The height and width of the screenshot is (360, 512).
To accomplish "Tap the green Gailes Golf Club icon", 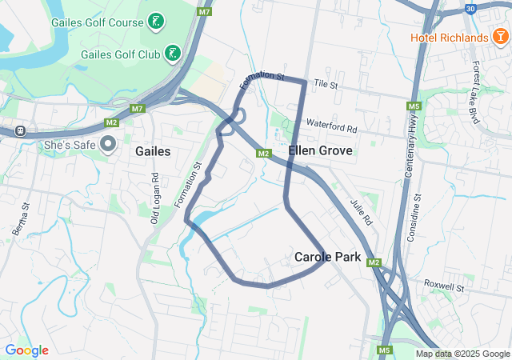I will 173,54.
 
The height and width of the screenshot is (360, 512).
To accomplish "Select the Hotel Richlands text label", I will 449,38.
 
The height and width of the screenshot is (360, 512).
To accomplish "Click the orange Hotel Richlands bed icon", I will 500,36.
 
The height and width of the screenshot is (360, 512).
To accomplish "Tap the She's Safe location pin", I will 109,145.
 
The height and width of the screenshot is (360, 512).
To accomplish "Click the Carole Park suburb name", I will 327,257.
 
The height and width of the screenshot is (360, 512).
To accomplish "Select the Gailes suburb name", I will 153,150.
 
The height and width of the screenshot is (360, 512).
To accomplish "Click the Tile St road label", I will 326,83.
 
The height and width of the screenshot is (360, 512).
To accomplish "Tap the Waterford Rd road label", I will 331,126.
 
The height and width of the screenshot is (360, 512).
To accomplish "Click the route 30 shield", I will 470,9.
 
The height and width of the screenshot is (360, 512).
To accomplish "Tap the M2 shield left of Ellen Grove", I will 262,153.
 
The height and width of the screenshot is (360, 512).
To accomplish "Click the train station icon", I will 21,130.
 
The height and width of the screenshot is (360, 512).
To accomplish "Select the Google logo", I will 27,350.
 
